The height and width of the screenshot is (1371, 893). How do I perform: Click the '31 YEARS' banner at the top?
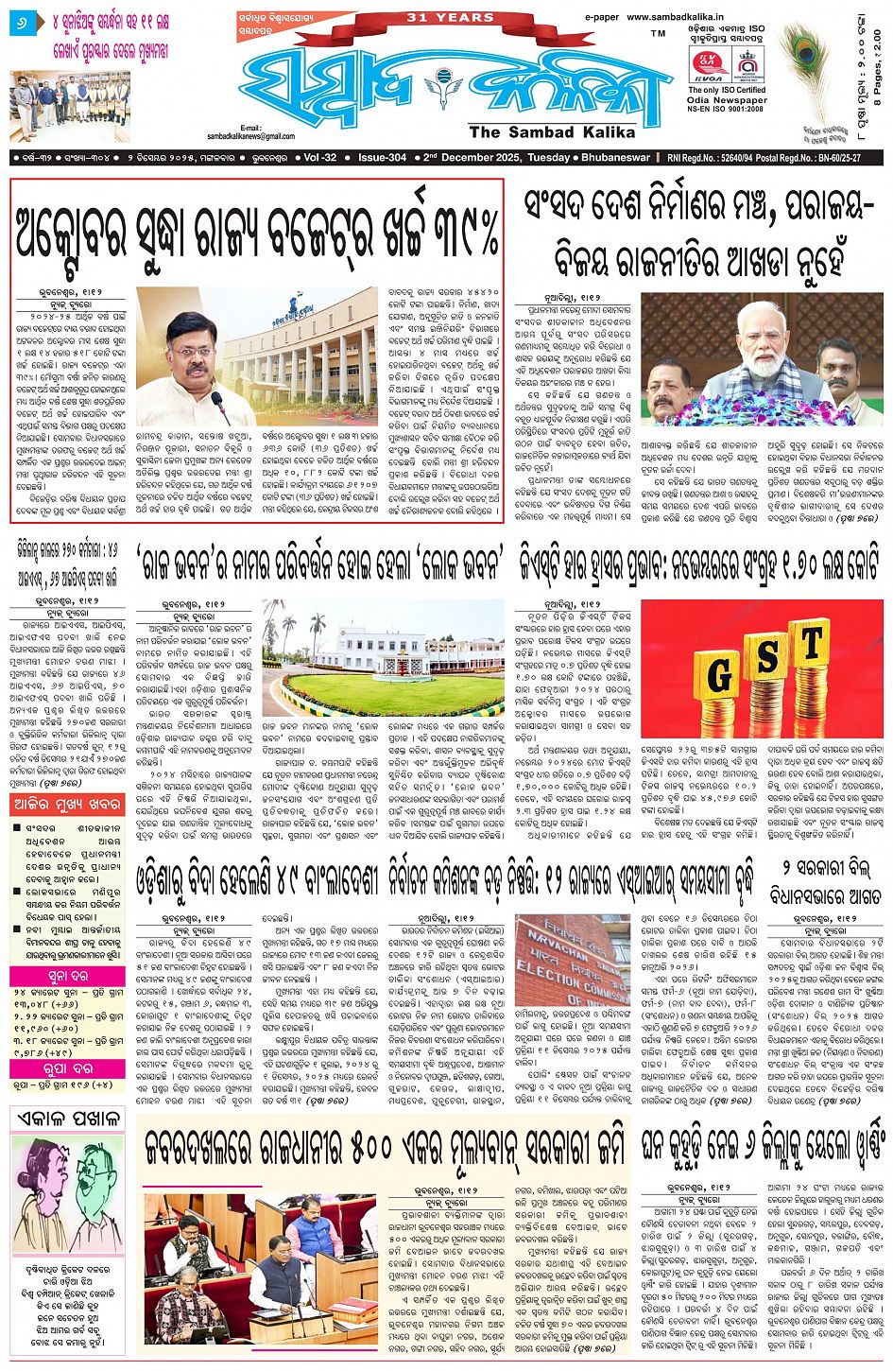click(436, 17)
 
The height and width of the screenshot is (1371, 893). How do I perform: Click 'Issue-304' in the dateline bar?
click(383, 158)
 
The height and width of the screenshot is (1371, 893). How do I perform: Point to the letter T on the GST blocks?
click(811, 646)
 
